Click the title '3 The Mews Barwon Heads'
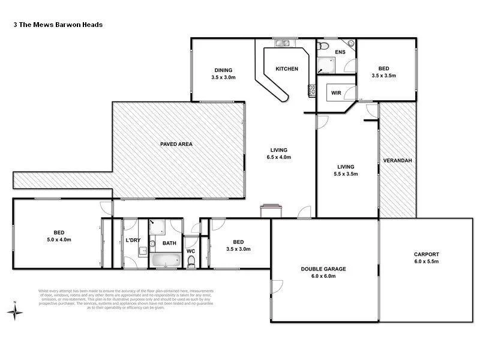coord(58,25)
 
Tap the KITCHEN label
coord(286,69)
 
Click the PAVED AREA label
coord(176,144)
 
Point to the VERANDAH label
coord(397,161)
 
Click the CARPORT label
coord(426,253)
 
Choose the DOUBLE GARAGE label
coord(324,269)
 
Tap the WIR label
coord(336,93)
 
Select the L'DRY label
coord(133,241)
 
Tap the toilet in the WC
coord(191,260)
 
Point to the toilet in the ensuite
coord(323,46)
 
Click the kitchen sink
coord(282,43)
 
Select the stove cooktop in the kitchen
coord(312,91)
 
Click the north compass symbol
coord(16,311)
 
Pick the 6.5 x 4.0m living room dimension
coord(278,157)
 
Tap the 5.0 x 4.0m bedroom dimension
coord(59,240)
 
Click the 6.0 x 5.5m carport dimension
coord(426,261)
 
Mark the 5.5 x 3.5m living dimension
coord(346,174)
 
